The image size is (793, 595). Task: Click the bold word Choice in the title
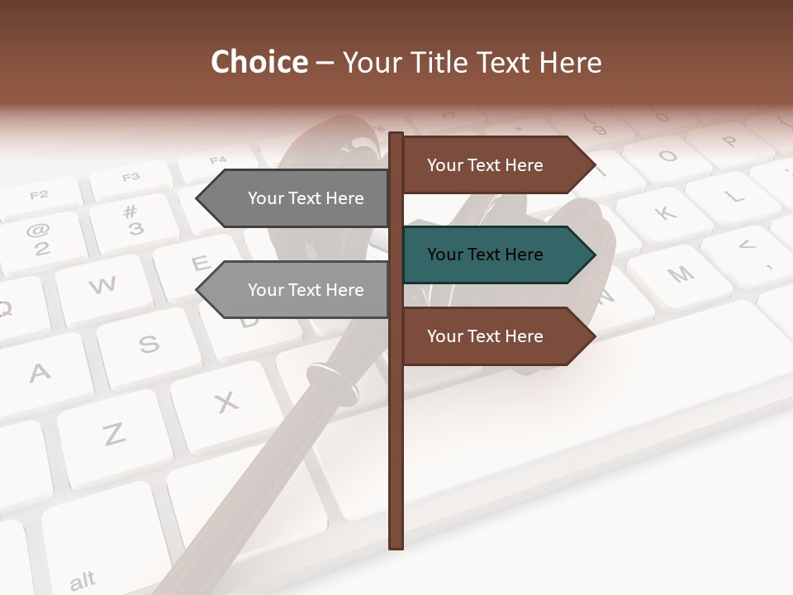[259, 62]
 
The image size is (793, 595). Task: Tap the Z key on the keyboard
[114, 433]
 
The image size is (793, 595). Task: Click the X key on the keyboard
[226, 402]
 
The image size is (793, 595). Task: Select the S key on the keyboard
[149, 344]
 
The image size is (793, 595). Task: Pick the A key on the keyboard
[40, 374]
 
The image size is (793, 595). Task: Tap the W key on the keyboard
[102, 286]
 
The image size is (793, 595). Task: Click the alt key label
[82, 581]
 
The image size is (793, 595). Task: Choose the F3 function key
[131, 177]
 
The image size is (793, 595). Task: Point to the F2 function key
[39, 195]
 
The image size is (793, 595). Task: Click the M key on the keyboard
[680, 275]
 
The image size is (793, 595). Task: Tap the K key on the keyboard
[665, 214]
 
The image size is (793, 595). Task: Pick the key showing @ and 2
[40, 240]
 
